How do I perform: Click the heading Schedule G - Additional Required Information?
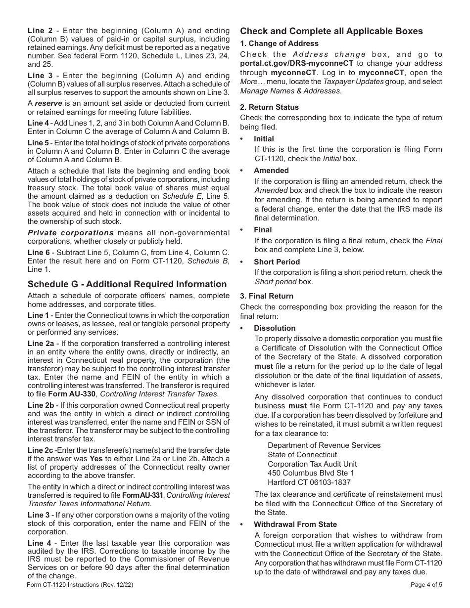pos(127,284)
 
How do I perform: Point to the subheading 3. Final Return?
pos(267,296)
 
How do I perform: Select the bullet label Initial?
pos(264,139)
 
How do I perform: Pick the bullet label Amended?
pos(271,171)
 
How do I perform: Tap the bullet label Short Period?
pos(277,262)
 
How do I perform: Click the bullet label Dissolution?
pos(275,328)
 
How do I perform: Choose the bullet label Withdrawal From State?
pos(295,524)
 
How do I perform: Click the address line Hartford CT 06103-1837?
pos(309,482)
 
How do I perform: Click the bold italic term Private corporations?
pos(71,233)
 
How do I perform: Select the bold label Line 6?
pos(38,253)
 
